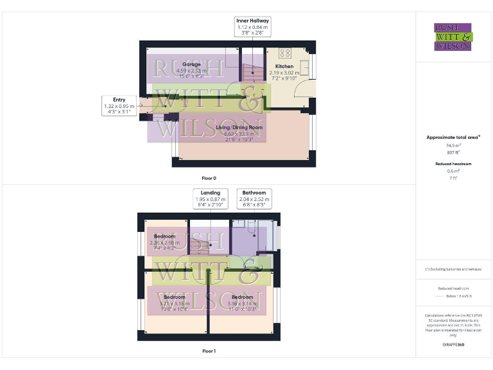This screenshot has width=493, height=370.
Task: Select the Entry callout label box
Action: pyautogui.click(x=119, y=105)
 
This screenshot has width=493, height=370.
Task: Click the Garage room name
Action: pyautogui.click(x=191, y=65)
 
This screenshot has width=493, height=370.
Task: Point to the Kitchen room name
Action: pyautogui.click(x=284, y=66)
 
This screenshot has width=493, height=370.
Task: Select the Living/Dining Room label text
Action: pyautogui.click(x=239, y=128)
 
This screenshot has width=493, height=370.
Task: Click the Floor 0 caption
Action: pyautogui.click(x=209, y=177)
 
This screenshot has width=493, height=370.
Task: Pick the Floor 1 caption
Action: pyautogui.click(x=209, y=351)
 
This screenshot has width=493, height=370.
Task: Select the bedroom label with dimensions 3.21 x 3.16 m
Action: pyautogui.click(x=174, y=297)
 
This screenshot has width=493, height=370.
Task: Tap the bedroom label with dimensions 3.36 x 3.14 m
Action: pyautogui.click(x=242, y=297)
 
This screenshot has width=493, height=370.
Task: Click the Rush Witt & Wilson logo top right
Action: pyautogui.click(x=453, y=37)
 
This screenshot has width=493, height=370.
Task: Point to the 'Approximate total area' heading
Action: pyautogui.click(x=453, y=137)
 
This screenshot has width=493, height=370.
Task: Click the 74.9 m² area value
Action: pyautogui.click(x=453, y=146)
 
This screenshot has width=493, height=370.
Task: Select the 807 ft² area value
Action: pyautogui.click(x=453, y=152)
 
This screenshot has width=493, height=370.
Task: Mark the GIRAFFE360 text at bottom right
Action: pyautogui.click(x=453, y=346)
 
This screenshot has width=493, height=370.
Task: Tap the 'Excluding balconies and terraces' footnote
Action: pyautogui.click(x=453, y=269)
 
